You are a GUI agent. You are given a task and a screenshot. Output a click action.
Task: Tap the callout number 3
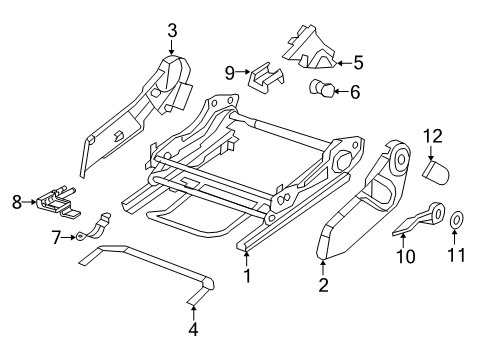[x=171, y=31]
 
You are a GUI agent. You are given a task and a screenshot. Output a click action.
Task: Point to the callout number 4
[x=193, y=329]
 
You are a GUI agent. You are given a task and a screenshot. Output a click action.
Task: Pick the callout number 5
[x=359, y=61]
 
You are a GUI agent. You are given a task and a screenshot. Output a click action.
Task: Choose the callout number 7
[x=56, y=236]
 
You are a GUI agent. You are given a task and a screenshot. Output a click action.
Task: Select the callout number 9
[x=229, y=72]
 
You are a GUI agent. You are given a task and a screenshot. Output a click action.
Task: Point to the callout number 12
[x=432, y=135]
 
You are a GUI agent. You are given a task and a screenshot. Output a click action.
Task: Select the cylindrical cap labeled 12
[x=434, y=172]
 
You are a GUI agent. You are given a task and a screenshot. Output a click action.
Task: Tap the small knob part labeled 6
[x=322, y=92]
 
